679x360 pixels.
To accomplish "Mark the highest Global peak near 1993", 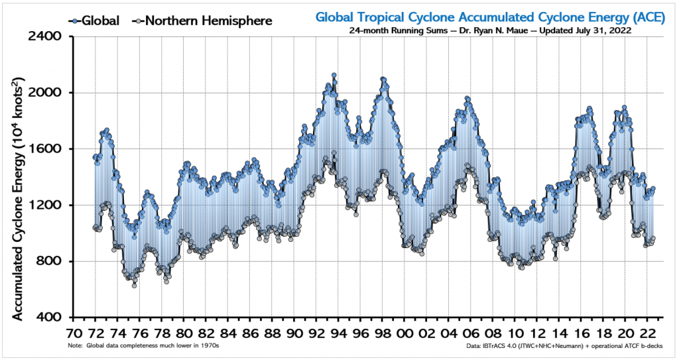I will [334, 76].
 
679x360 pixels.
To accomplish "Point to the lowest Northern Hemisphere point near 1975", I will [134, 285].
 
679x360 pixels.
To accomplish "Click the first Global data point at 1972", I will [95, 157].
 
